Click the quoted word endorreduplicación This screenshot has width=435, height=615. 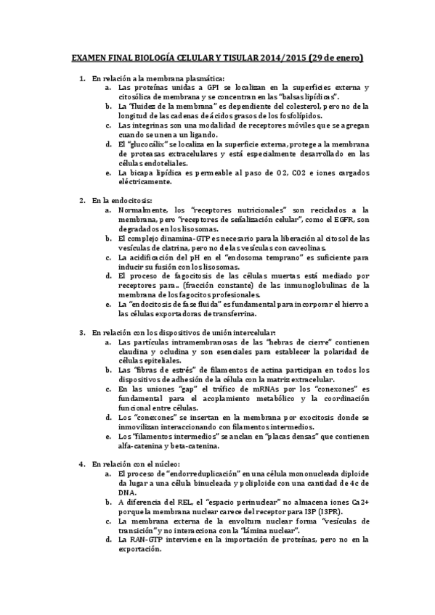click(x=206, y=473)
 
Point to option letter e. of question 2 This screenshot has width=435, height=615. click(x=107, y=304)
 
